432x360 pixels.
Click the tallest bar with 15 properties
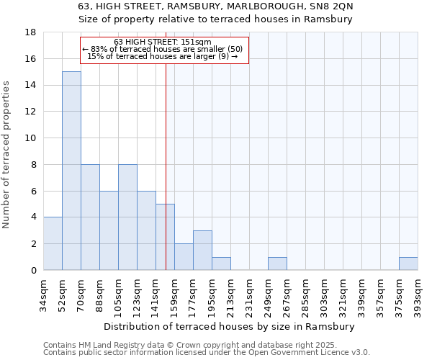(71, 171)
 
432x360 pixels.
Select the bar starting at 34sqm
(53, 243)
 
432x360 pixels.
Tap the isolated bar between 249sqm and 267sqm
(277, 264)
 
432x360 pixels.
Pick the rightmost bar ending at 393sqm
(408, 264)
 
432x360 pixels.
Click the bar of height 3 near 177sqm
(202, 251)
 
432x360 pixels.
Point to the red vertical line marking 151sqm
(166, 180)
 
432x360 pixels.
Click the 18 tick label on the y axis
(30, 32)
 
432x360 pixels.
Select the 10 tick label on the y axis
(30, 138)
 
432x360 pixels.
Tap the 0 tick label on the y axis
(33, 271)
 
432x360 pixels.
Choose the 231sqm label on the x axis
(250, 296)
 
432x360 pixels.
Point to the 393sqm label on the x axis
(418, 296)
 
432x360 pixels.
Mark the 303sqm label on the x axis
(325, 296)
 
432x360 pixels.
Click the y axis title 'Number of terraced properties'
(7, 155)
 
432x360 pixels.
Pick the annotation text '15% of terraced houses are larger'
(162, 56)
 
